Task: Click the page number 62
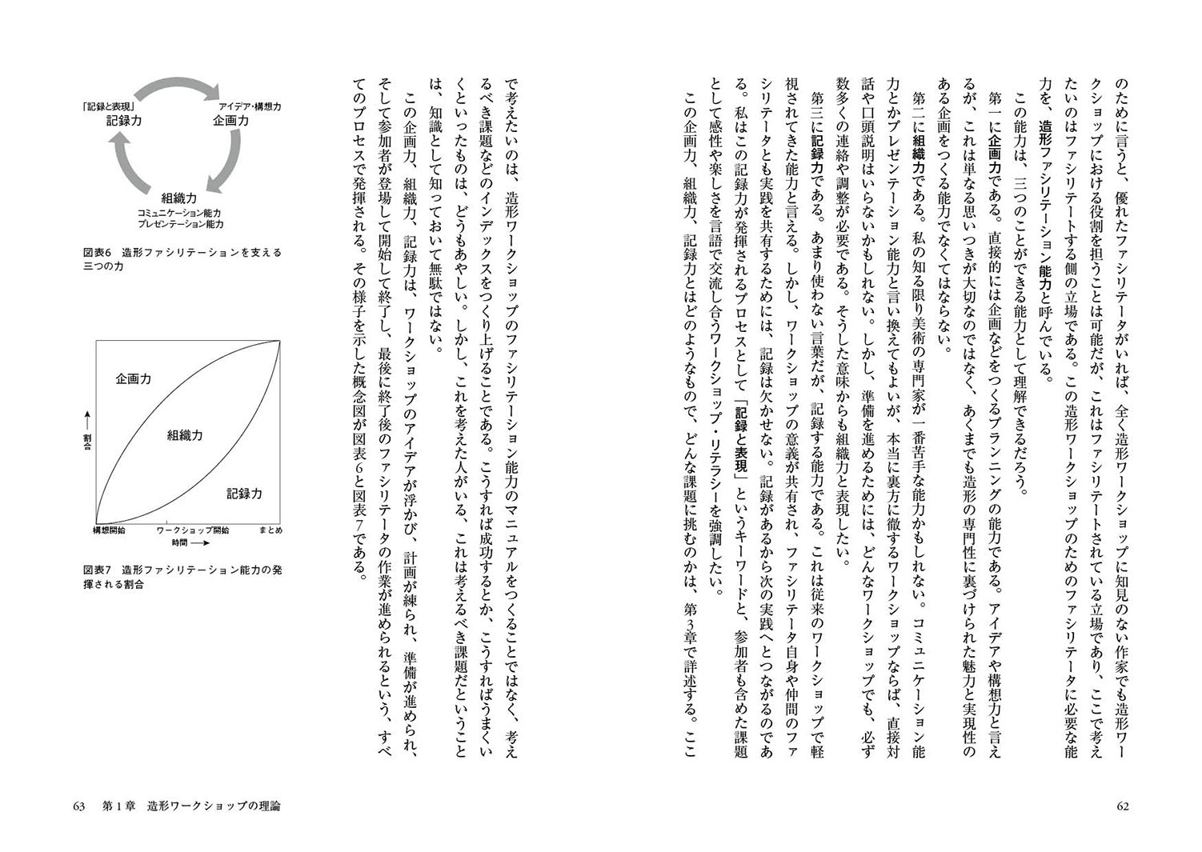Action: tap(1122, 806)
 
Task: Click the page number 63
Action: tap(78, 806)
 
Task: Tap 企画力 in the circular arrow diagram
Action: tap(230, 121)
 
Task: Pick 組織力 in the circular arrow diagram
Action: tap(179, 198)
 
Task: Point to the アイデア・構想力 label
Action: tap(249, 106)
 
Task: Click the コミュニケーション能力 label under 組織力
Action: tap(179, 214)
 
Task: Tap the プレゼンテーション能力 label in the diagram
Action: tap(179, 225)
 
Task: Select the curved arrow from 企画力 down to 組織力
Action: tap(227, 160)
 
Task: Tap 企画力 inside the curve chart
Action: tap(133, 378)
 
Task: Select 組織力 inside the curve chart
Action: tap(185, 435)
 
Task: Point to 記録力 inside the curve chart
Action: tap(244, 494)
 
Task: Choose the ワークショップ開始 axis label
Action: tap(193, 530)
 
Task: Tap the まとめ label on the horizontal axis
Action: tap(270, 530)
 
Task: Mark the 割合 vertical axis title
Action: tap(87, 432)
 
